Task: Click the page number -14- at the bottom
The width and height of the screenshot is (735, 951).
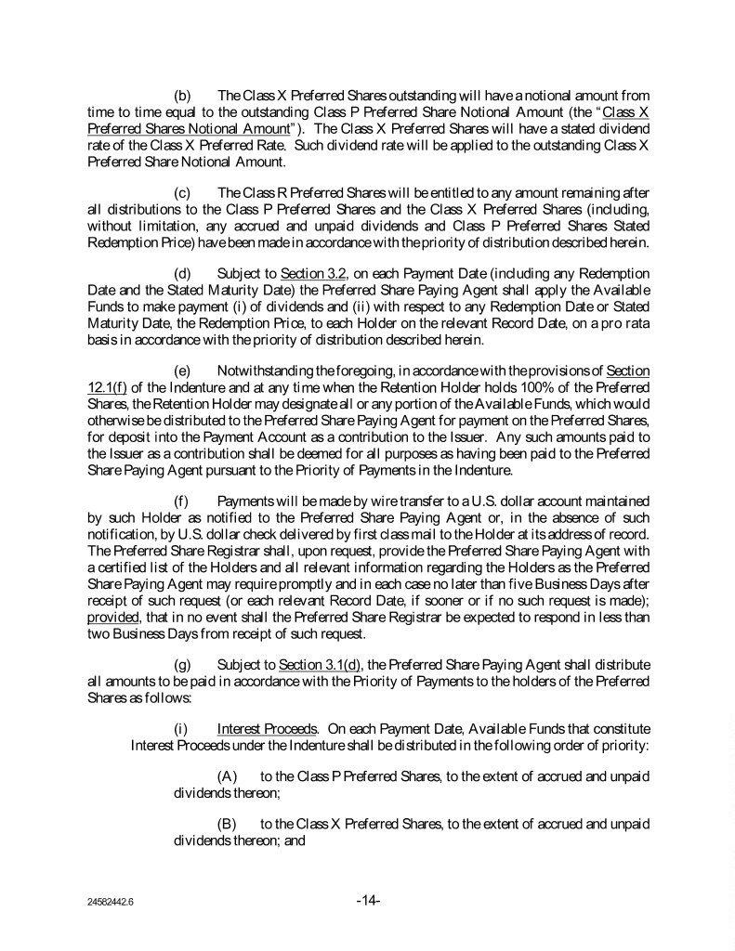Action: tap(368, 900)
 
